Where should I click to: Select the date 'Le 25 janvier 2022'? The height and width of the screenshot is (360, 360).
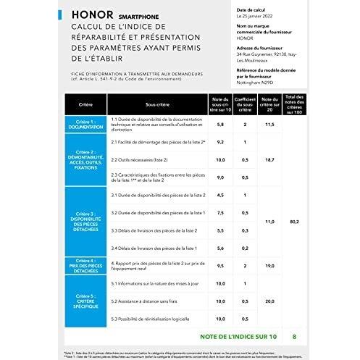(x=257, y=14)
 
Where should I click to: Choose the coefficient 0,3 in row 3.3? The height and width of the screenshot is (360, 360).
(x=246, y=230)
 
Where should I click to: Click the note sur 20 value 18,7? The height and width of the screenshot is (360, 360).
(x=269, y=159)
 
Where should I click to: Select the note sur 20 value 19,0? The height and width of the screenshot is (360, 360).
(x=269, y=266)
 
